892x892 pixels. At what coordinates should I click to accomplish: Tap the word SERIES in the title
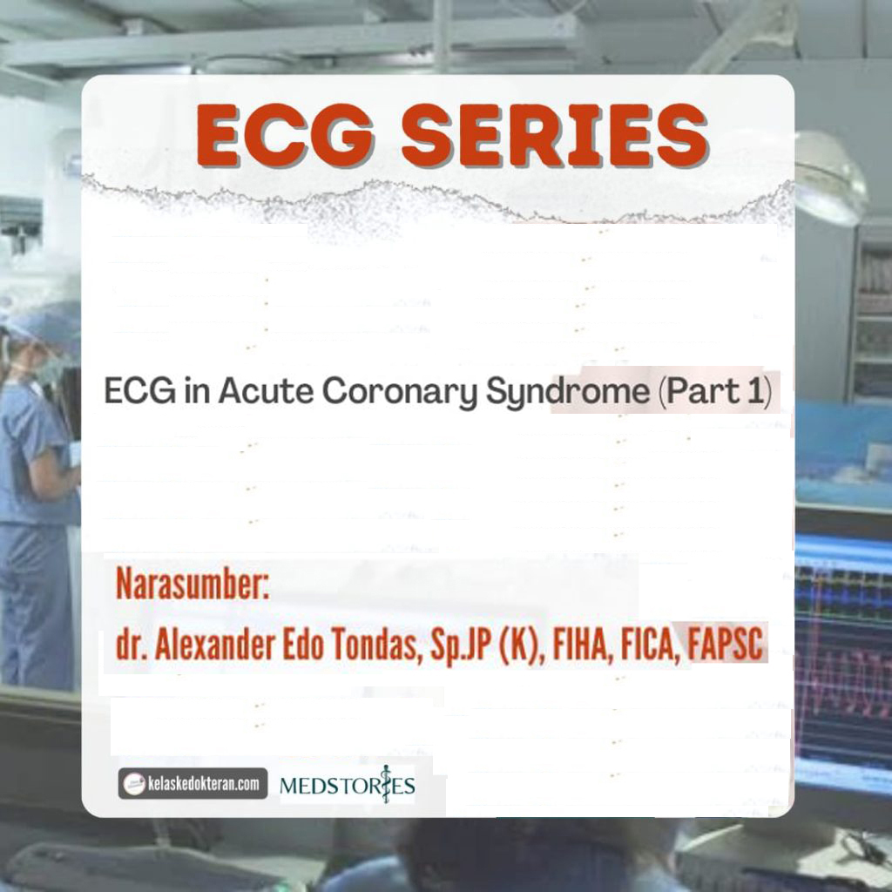553,137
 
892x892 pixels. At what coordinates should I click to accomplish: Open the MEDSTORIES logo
347,786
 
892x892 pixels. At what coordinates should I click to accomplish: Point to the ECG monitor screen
843,653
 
